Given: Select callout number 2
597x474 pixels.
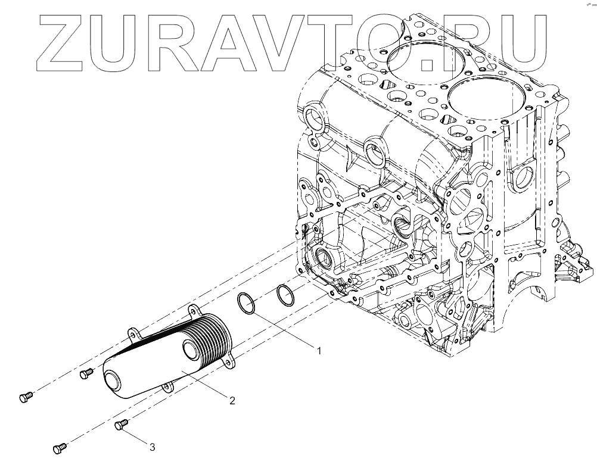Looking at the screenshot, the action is point(232,400).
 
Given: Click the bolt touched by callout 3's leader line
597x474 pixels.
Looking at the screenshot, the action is point(121,425).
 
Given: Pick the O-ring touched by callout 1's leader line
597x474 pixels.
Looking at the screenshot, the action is point(246,303).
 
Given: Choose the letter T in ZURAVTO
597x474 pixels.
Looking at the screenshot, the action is point(345,40).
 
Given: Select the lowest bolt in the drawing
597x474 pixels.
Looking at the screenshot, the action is point(60,447).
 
